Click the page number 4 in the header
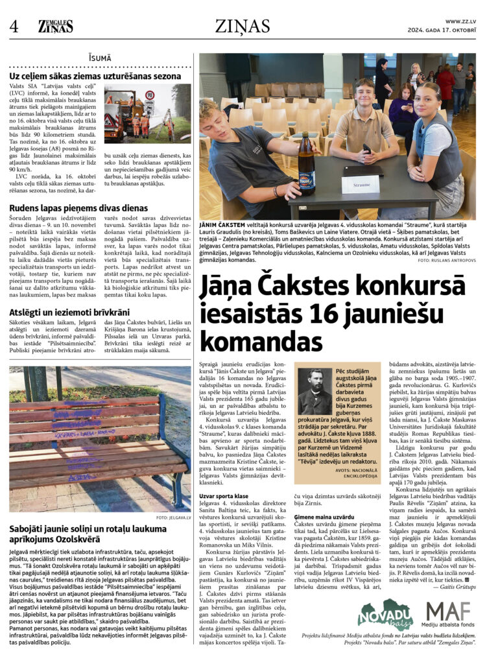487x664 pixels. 14,27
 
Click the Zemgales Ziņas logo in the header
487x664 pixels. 55,27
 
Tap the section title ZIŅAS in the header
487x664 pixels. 243,26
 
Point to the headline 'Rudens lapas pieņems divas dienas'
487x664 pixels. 78,208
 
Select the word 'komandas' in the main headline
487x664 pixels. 254,340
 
